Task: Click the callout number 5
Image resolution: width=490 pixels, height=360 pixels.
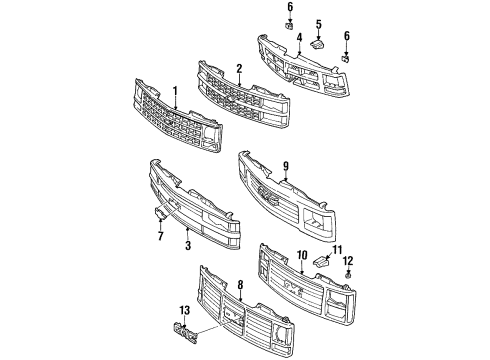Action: pyautogui.click(x=318, y=23)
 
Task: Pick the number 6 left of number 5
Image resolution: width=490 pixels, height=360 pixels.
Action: pyautogui.click(x=289, y=8)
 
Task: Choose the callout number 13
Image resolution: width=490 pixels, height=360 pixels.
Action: pyautogui.click(x=183, y=311)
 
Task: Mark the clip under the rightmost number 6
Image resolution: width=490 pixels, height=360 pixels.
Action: pyautogui.click(x=345, y=58)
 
